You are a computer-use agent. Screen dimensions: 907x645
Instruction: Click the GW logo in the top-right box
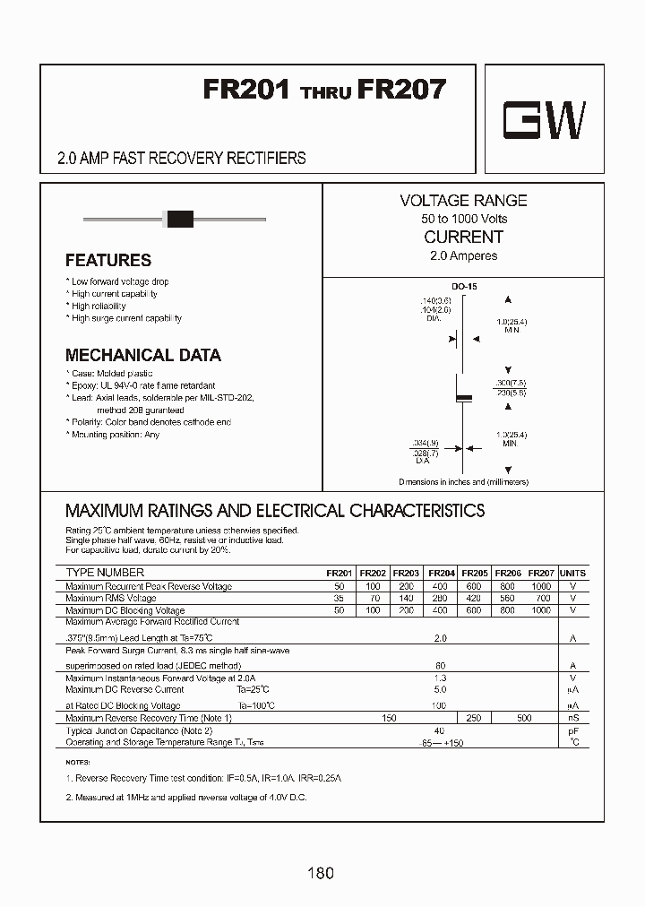(x=544, y=121)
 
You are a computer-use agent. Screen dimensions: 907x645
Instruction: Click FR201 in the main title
(x=246, y=90)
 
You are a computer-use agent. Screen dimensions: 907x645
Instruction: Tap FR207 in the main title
(x=401, y=90)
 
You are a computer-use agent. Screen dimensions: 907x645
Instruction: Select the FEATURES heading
(x=108, y=261)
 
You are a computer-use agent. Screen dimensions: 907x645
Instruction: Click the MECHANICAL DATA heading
(x=143, y=355)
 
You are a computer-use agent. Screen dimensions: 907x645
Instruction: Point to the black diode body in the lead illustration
(x=181, y=217)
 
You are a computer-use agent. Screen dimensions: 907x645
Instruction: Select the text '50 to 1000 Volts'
(x=463, y=219)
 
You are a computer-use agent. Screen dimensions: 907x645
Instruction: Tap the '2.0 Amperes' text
(x=463, y=255)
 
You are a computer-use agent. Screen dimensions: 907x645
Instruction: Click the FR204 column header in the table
(x=442, y=573)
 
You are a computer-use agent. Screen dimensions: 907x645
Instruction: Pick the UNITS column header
(x=572, y=573)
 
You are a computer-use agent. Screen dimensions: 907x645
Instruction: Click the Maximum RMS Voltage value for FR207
(x=542, y=598)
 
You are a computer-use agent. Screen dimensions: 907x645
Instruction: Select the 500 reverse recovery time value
(x=524, y=718)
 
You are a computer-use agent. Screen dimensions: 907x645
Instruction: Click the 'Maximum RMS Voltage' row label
(x=111, y=598)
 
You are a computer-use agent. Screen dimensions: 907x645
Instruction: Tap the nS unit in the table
(x=573, y=718)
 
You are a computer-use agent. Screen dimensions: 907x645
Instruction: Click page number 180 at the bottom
(x=321, y=873)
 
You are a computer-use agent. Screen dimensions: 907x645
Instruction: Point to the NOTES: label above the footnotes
(x=79, y=761)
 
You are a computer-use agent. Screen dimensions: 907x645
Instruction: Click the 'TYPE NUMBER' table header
(x=105, y=573)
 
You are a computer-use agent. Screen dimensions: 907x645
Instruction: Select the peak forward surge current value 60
(x=440, y=666)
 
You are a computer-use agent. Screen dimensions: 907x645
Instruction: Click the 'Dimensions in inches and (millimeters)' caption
(x=463, y=482)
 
